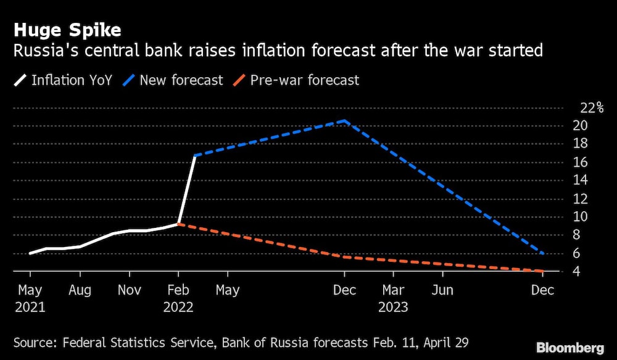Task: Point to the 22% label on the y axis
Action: (x=592, y=108)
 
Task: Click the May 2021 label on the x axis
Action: (x=30, y=298)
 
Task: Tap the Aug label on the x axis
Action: (x=80, y=290)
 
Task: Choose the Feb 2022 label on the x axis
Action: (x=178, y=298)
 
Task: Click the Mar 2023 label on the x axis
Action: (x=394, y=298)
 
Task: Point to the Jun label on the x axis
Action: (x=443, y=290)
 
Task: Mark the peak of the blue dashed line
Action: (x=344, y=121)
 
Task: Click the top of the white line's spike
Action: (x=195, y=156)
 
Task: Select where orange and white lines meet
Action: (x=178, y=224)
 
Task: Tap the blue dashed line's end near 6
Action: (x=542, y=253)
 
